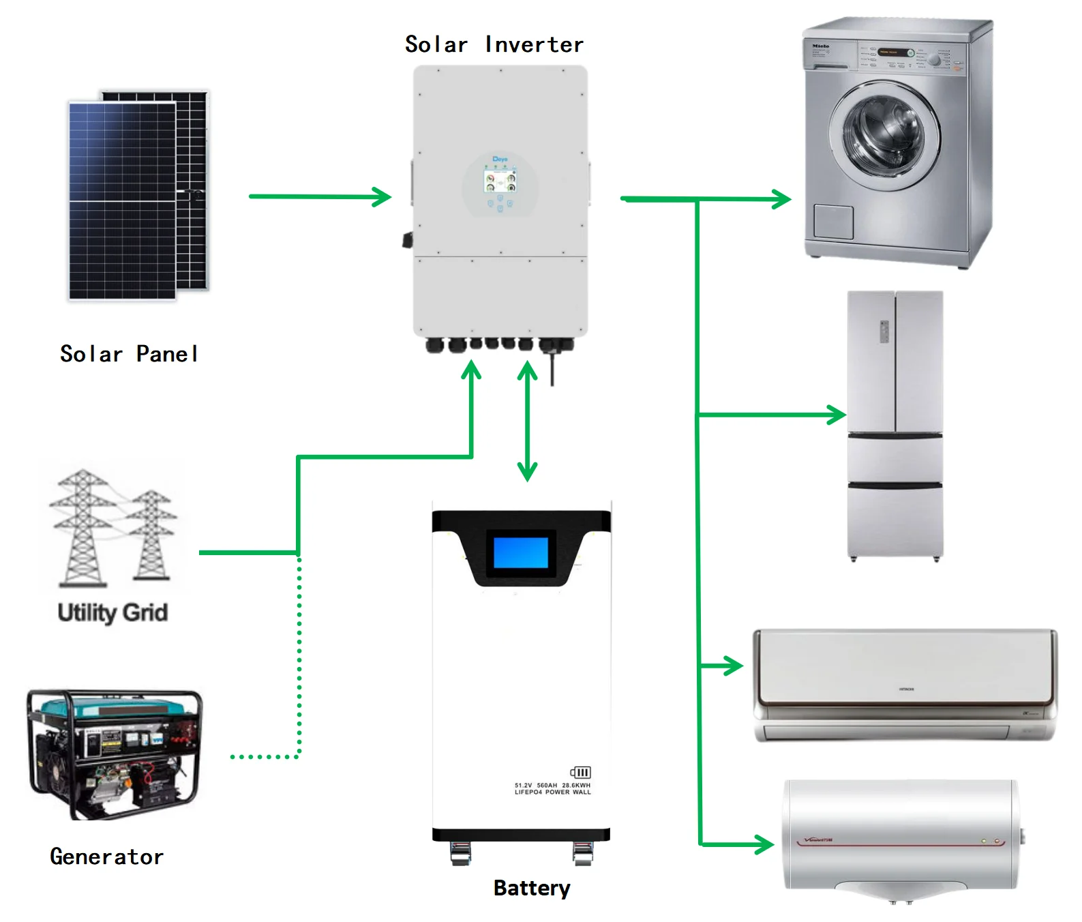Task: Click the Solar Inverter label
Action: coord(494,45)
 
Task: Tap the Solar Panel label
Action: coord(130,354)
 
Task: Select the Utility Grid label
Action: coord(112,612)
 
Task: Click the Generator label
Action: coord(107,857)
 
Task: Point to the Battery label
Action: coord(532,888)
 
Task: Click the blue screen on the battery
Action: coord(521,552)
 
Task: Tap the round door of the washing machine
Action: coord(884,133)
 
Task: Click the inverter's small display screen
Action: coord(500,181)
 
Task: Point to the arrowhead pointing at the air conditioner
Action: coord(734,666)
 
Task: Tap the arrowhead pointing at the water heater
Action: coord(764,845)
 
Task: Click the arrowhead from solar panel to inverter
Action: coord(382,197)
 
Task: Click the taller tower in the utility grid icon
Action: coord(81,529)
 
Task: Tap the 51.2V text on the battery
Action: coord(523,786)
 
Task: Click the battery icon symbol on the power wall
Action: coord(580,772)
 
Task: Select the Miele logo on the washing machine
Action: coord(820,46)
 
